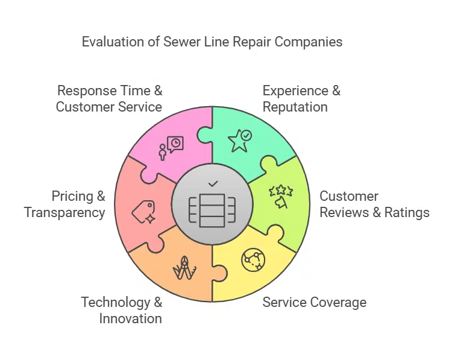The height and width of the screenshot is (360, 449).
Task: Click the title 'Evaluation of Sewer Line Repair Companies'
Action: click(212, 42)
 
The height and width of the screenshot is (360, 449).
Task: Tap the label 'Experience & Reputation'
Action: click(301, 99)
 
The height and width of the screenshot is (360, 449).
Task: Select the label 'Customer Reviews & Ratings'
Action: click(374, 204)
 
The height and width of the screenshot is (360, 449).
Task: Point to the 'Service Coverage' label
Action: click(314, 302)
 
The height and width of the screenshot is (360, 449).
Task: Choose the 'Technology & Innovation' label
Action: click(122, 310)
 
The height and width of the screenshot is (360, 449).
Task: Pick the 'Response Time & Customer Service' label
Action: click(109, 99)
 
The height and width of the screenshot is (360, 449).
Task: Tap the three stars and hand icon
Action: click(281, 197)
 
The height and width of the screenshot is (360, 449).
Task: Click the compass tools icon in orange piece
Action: click(183, 268)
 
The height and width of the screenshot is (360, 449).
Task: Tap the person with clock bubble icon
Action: click(171, 147)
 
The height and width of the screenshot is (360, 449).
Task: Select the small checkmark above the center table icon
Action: click(212, 183)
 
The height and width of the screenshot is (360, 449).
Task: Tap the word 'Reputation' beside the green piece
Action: click(295, 107)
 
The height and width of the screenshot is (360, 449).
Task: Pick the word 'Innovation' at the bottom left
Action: click(131, 318)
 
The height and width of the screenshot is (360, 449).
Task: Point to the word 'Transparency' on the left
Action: click(64, 212)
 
